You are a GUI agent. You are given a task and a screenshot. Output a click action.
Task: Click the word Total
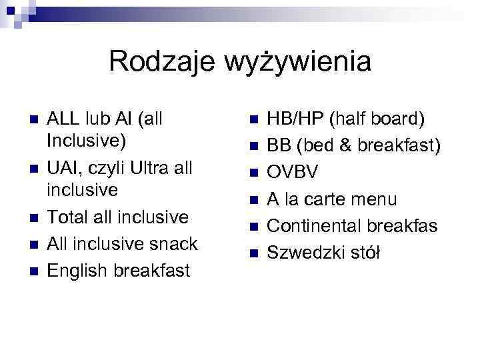pos(68,217)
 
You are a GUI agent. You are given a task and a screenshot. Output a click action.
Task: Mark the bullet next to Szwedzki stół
pos(253,253)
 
